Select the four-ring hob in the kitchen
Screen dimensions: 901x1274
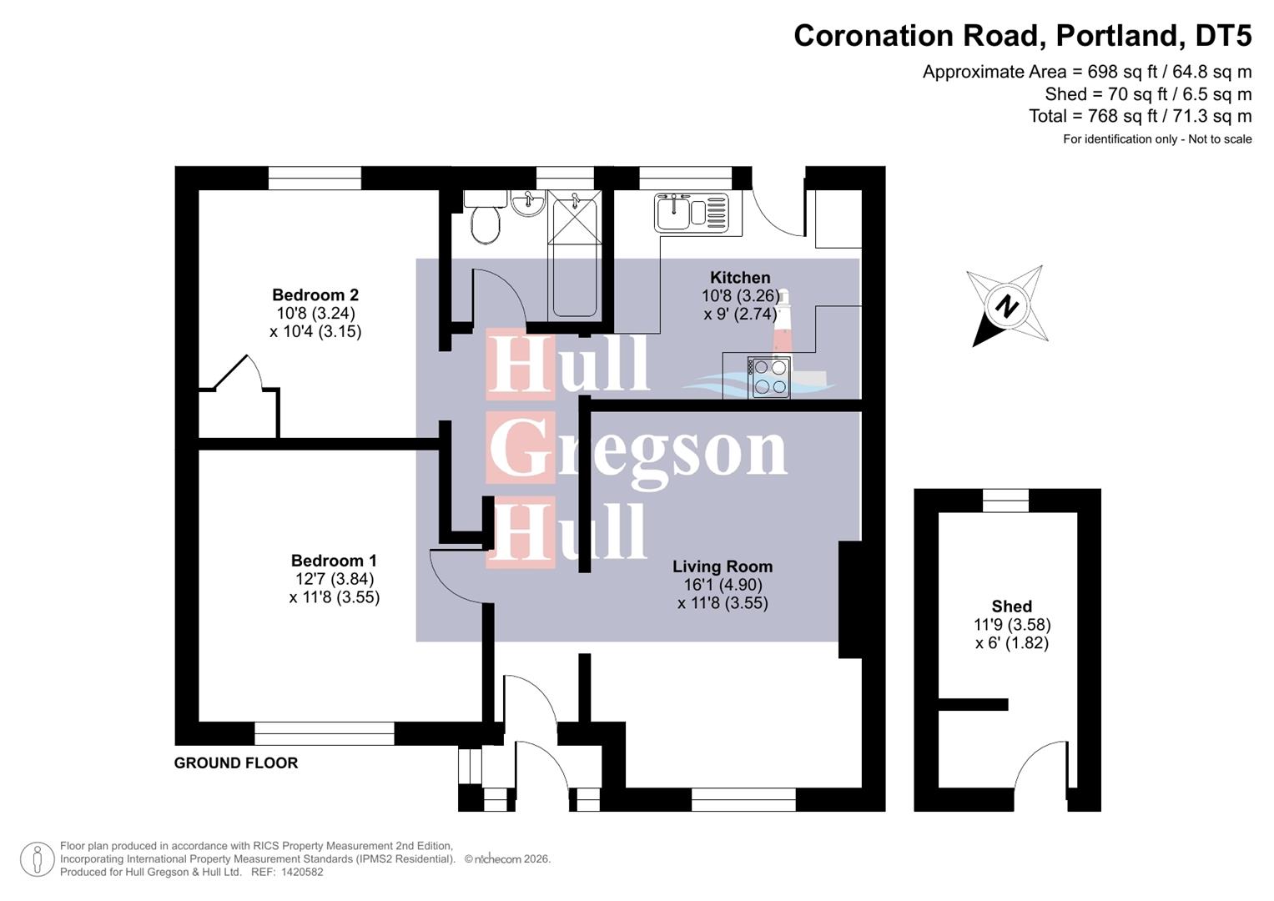(769, 377)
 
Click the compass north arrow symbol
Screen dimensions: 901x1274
(1008, 306)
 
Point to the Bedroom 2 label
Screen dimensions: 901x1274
(315, 295)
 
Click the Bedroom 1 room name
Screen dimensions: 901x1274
(334, 561)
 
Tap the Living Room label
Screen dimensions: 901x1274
(723, 567)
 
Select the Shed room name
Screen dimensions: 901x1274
(1011, 607)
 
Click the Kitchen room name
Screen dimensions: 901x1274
(740, 278)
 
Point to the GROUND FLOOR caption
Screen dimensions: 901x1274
(236, 763)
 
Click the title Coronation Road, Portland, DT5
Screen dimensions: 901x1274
(1022, 36)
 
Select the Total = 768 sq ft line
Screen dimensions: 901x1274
(1140, 116)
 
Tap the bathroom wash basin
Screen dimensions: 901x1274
(527, 204)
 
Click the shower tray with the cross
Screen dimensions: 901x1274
(573, 219)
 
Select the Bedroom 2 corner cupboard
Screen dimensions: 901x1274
(238, 409)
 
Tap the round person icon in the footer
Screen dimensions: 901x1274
(37, 859)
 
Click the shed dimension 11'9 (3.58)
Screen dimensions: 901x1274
(1011, 625)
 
